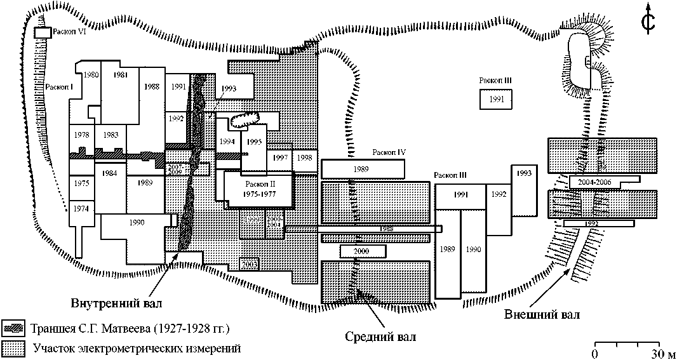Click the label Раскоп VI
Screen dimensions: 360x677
coord(69,30)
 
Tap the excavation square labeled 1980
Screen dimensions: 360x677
coord(91,75)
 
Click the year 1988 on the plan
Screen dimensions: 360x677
coord(151,86)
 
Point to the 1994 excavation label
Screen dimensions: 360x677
coord(227,141)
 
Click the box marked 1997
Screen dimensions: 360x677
coord(281,157)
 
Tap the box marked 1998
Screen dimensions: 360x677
coord(304,157)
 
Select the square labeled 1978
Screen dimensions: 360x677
coord(81,135)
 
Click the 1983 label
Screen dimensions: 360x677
coord(111,135)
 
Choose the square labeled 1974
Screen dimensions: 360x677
coord(80,209)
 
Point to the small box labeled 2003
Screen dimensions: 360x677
coord(249,263)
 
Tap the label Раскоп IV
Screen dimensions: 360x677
coord(389,152)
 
